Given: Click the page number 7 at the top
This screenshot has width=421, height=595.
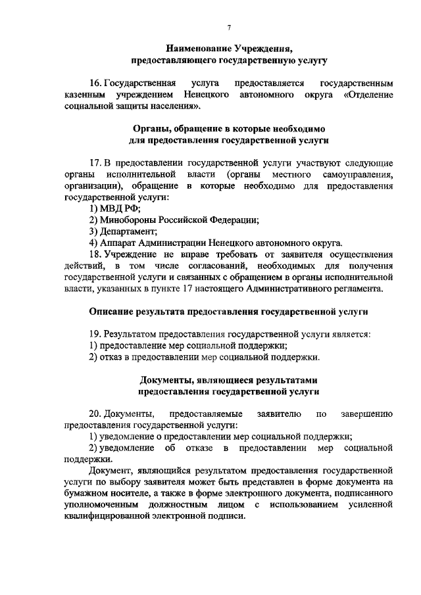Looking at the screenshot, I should click(x=228, y=27).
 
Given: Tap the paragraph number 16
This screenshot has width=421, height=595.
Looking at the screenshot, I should click(x=95, y=84).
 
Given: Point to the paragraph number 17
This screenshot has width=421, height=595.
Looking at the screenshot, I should click(x=95, y=162).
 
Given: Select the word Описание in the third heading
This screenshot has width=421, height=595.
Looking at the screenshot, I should click(x=112, y=311).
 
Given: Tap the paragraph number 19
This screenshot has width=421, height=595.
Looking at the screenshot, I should click(x=95, y=334).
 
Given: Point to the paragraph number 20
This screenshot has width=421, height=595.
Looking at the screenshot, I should click(x=95, y=414).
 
